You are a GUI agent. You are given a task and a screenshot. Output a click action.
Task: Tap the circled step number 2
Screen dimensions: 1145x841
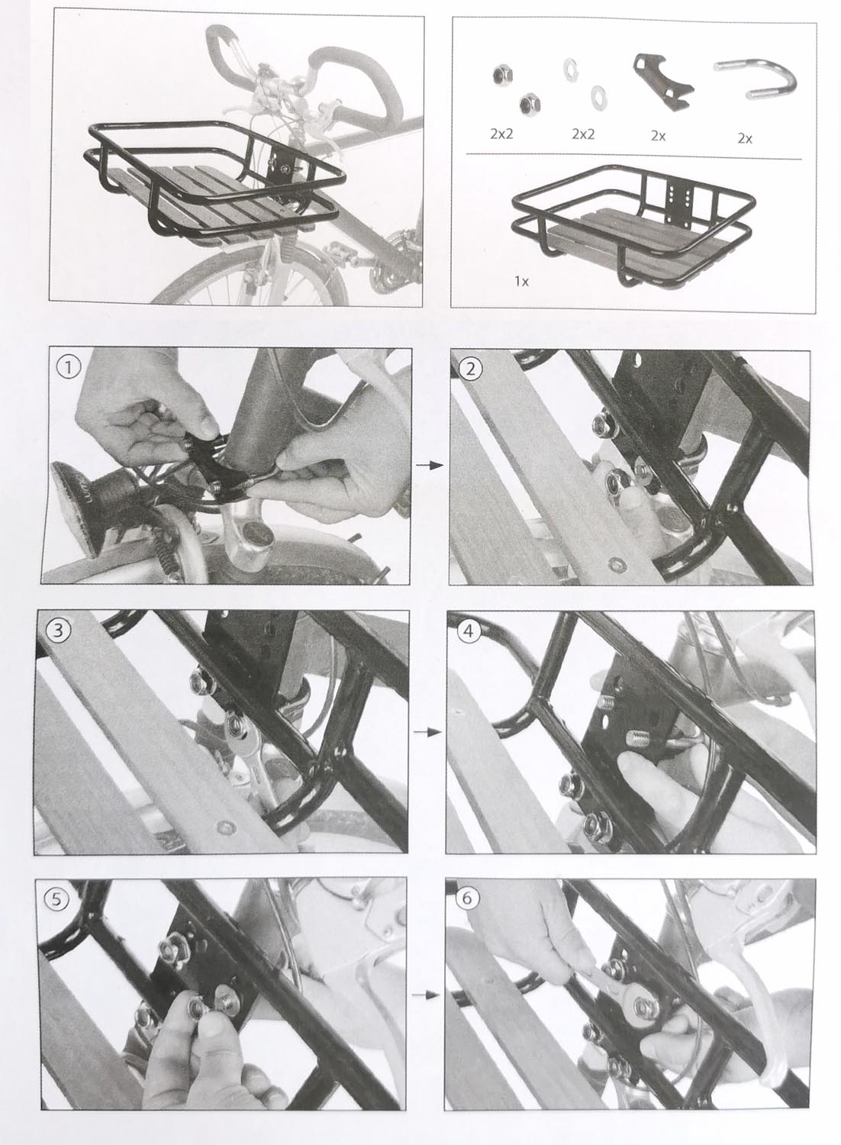471,369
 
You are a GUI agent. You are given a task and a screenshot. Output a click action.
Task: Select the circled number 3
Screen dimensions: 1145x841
56,631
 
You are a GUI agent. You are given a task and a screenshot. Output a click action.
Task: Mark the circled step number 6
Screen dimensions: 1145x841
467,898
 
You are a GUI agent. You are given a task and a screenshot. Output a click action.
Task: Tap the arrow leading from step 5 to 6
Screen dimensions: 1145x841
427,995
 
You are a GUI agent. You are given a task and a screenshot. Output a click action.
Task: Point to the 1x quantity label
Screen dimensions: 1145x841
522,281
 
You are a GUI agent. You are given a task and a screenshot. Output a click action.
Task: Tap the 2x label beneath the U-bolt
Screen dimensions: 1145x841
745,138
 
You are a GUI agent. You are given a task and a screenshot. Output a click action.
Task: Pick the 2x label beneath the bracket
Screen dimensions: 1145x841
658,135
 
